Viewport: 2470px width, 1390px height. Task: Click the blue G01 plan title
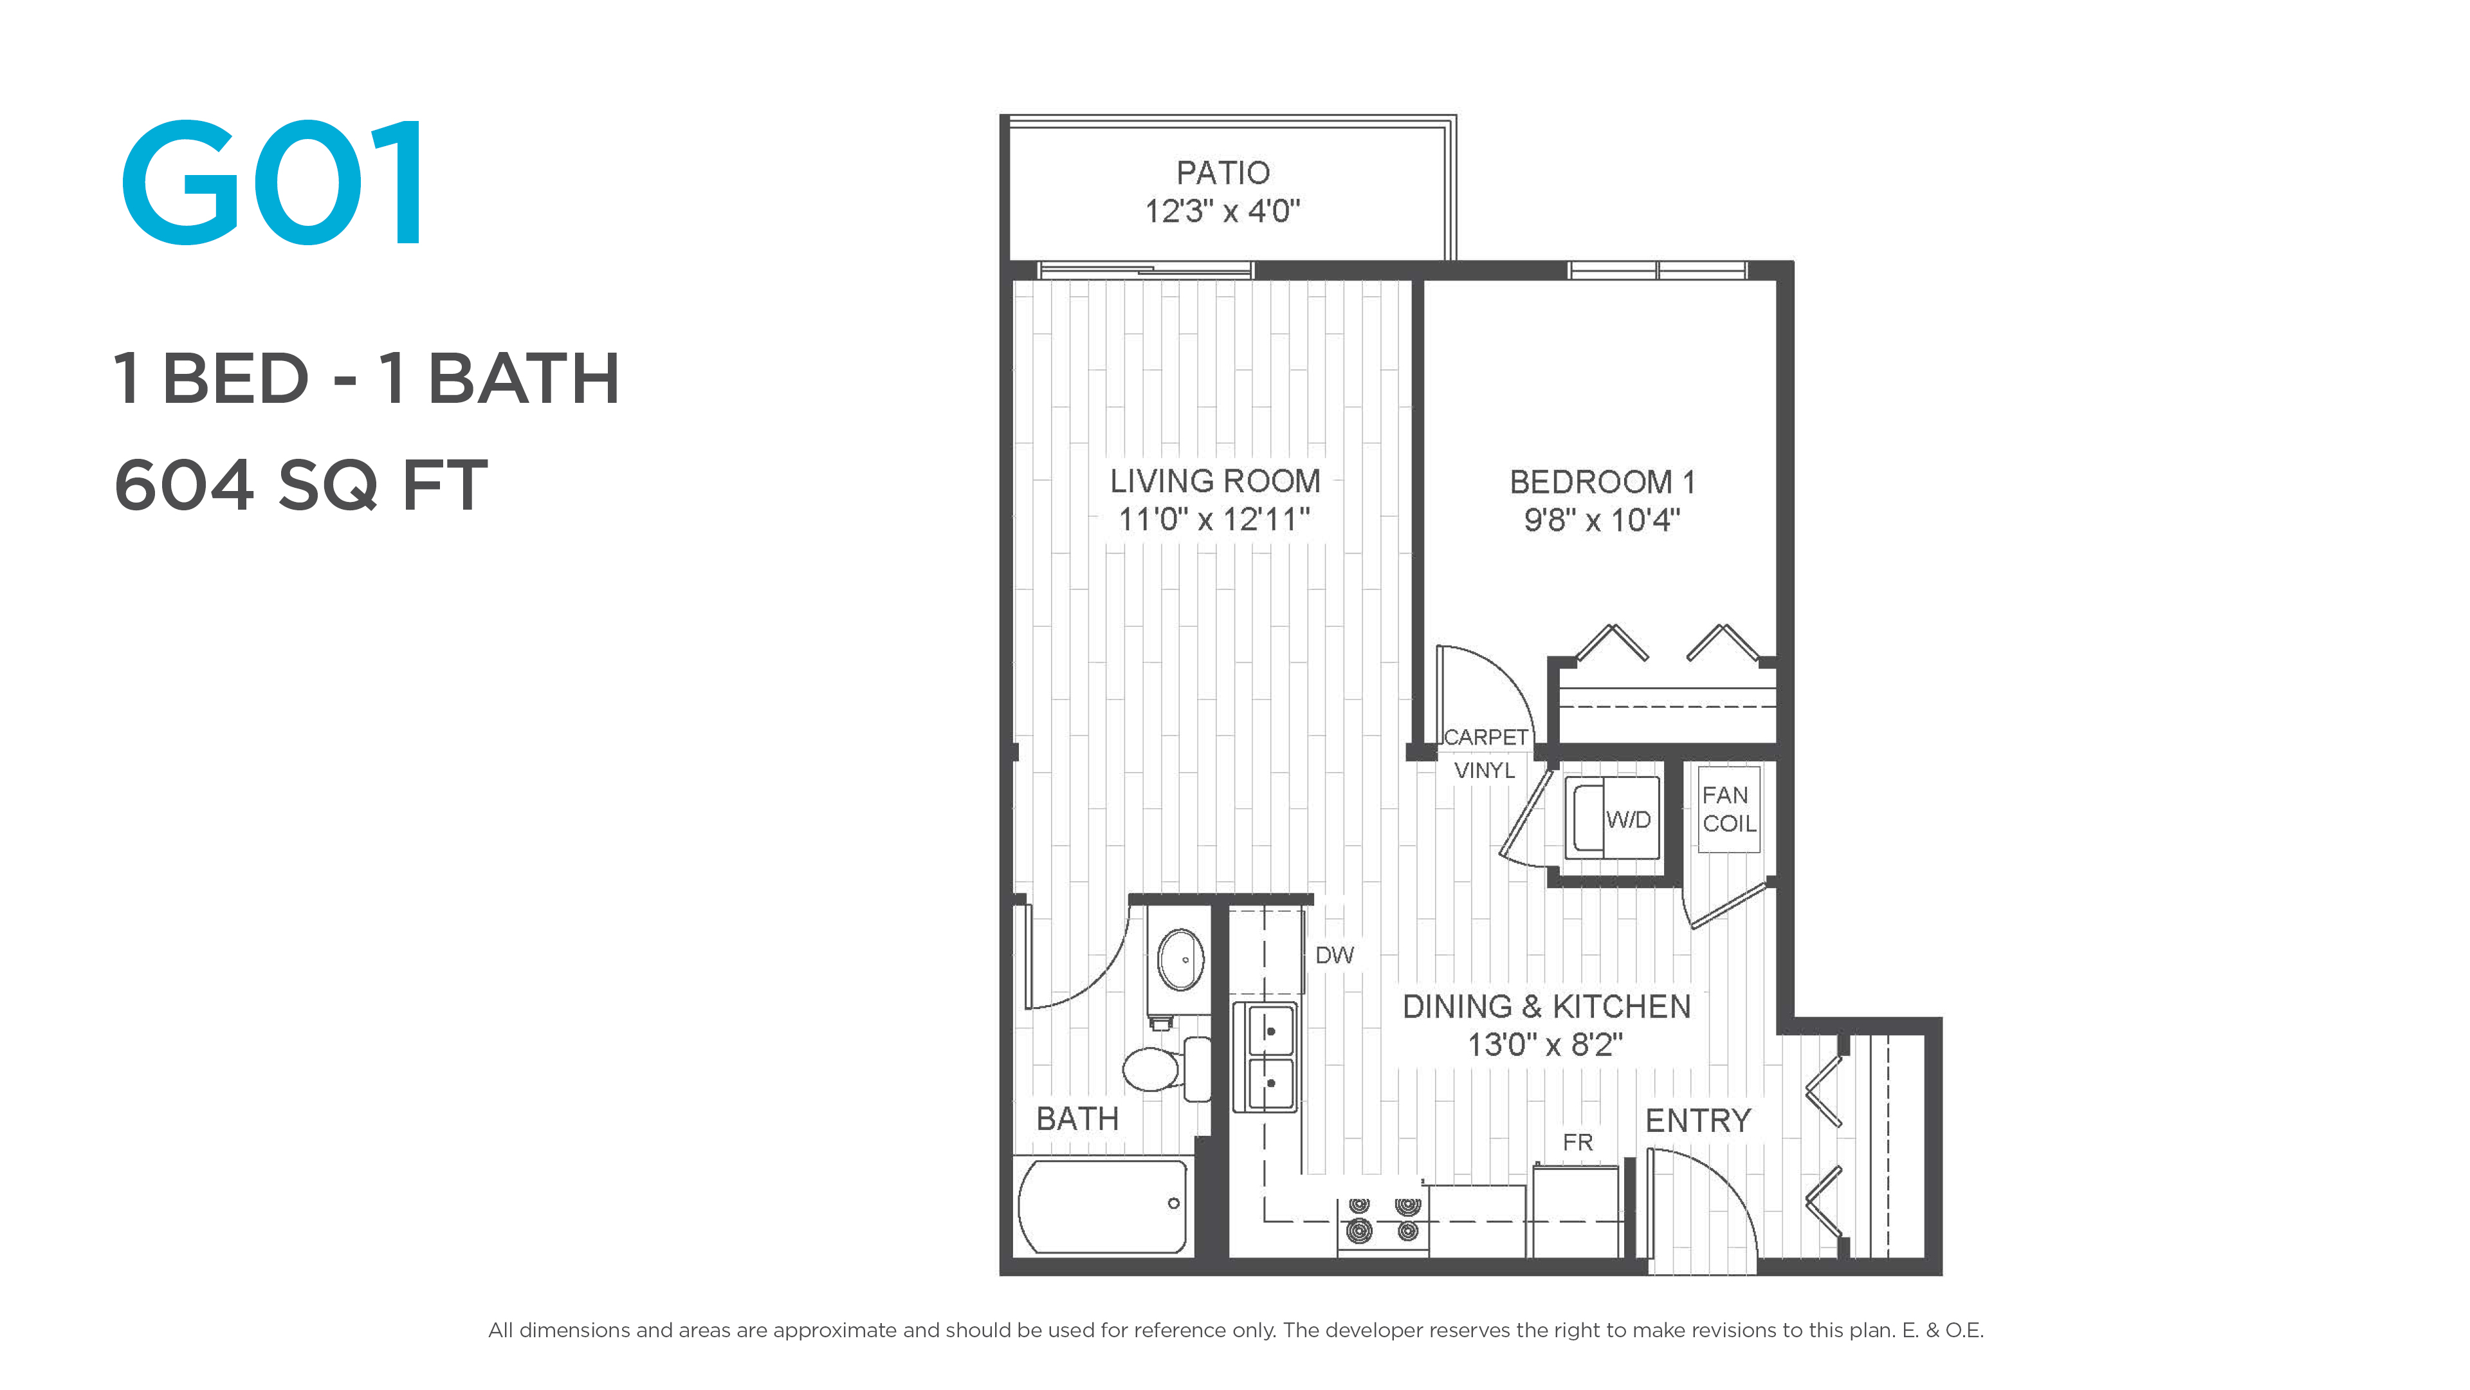[271, 182]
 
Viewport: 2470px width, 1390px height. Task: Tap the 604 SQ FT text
[301, 485]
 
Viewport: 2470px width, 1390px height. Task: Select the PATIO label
[1223, 172]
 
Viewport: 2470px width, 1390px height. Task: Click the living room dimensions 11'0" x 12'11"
[1214, 519]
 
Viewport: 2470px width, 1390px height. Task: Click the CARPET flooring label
[1485, 737]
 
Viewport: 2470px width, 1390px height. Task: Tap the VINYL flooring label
[1485, 770]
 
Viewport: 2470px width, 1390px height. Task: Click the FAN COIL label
[1729, 809]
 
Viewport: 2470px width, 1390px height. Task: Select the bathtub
[1102, 1205]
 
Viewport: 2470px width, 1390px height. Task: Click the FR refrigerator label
[1577, 1142]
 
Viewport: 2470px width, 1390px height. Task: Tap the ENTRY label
[1698, 1120]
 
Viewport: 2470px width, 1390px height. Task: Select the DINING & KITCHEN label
[1546, 1006]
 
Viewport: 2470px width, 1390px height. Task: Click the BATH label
[1078, 1118]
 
